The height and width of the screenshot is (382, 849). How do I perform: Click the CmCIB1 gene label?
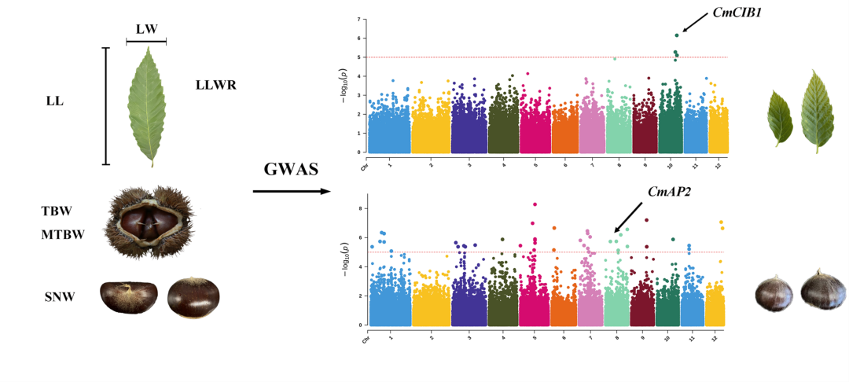pos(717,13)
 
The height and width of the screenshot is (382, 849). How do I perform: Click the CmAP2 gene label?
pos(669,193)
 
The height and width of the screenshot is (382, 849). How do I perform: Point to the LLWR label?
pos(216,85)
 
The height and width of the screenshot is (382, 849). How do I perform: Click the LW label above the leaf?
pos(146,29)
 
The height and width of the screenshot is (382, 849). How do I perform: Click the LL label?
pos(56,101)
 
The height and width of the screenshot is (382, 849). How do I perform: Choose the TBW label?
pos(57,211)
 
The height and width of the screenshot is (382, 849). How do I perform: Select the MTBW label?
pos(62,234)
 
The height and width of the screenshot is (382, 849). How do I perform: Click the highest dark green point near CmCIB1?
pos(676,35)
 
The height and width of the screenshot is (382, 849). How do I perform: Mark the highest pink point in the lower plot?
pos(535,204)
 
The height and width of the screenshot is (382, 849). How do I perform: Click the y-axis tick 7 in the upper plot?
pos(358,19)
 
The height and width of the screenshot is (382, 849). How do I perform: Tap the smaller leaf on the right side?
pos(781,117)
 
